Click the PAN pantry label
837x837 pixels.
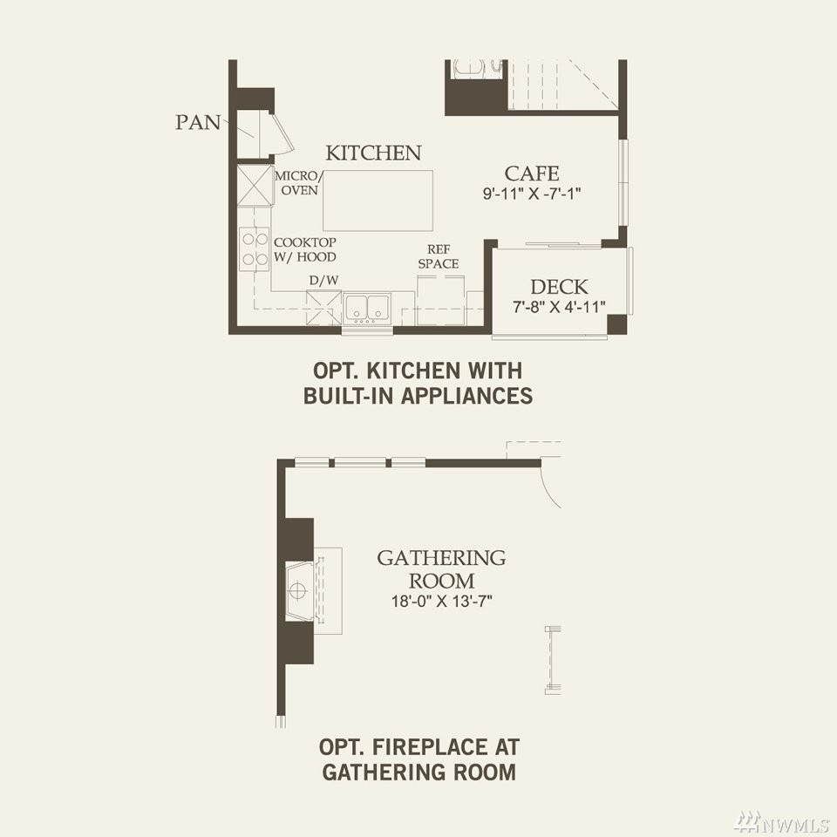coord(198,122)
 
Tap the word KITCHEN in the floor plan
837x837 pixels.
coord(374,153)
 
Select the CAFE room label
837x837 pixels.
coord(532,174)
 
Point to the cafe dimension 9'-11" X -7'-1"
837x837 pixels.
coord(532,194)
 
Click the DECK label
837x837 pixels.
coord(559,287)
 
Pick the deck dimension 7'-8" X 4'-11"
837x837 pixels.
coord(559,307)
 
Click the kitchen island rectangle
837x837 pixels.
coord(378,201)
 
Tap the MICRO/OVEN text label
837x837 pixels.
coord(298,183)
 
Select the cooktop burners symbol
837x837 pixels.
coord(254,249)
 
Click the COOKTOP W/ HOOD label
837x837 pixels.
coord(305,249)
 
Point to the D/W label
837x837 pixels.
coord(323,281)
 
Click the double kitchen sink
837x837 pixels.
coord(367,308)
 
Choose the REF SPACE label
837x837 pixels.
coord(439,256)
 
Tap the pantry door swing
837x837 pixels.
coord(283,134)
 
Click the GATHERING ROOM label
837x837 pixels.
coord(441,569)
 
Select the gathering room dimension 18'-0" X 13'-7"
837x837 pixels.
coord(441,602)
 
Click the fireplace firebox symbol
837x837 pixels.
coord(299,591)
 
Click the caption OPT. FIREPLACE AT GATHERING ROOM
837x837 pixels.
coord(419,759)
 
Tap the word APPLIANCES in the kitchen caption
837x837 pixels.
coord(466,396)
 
